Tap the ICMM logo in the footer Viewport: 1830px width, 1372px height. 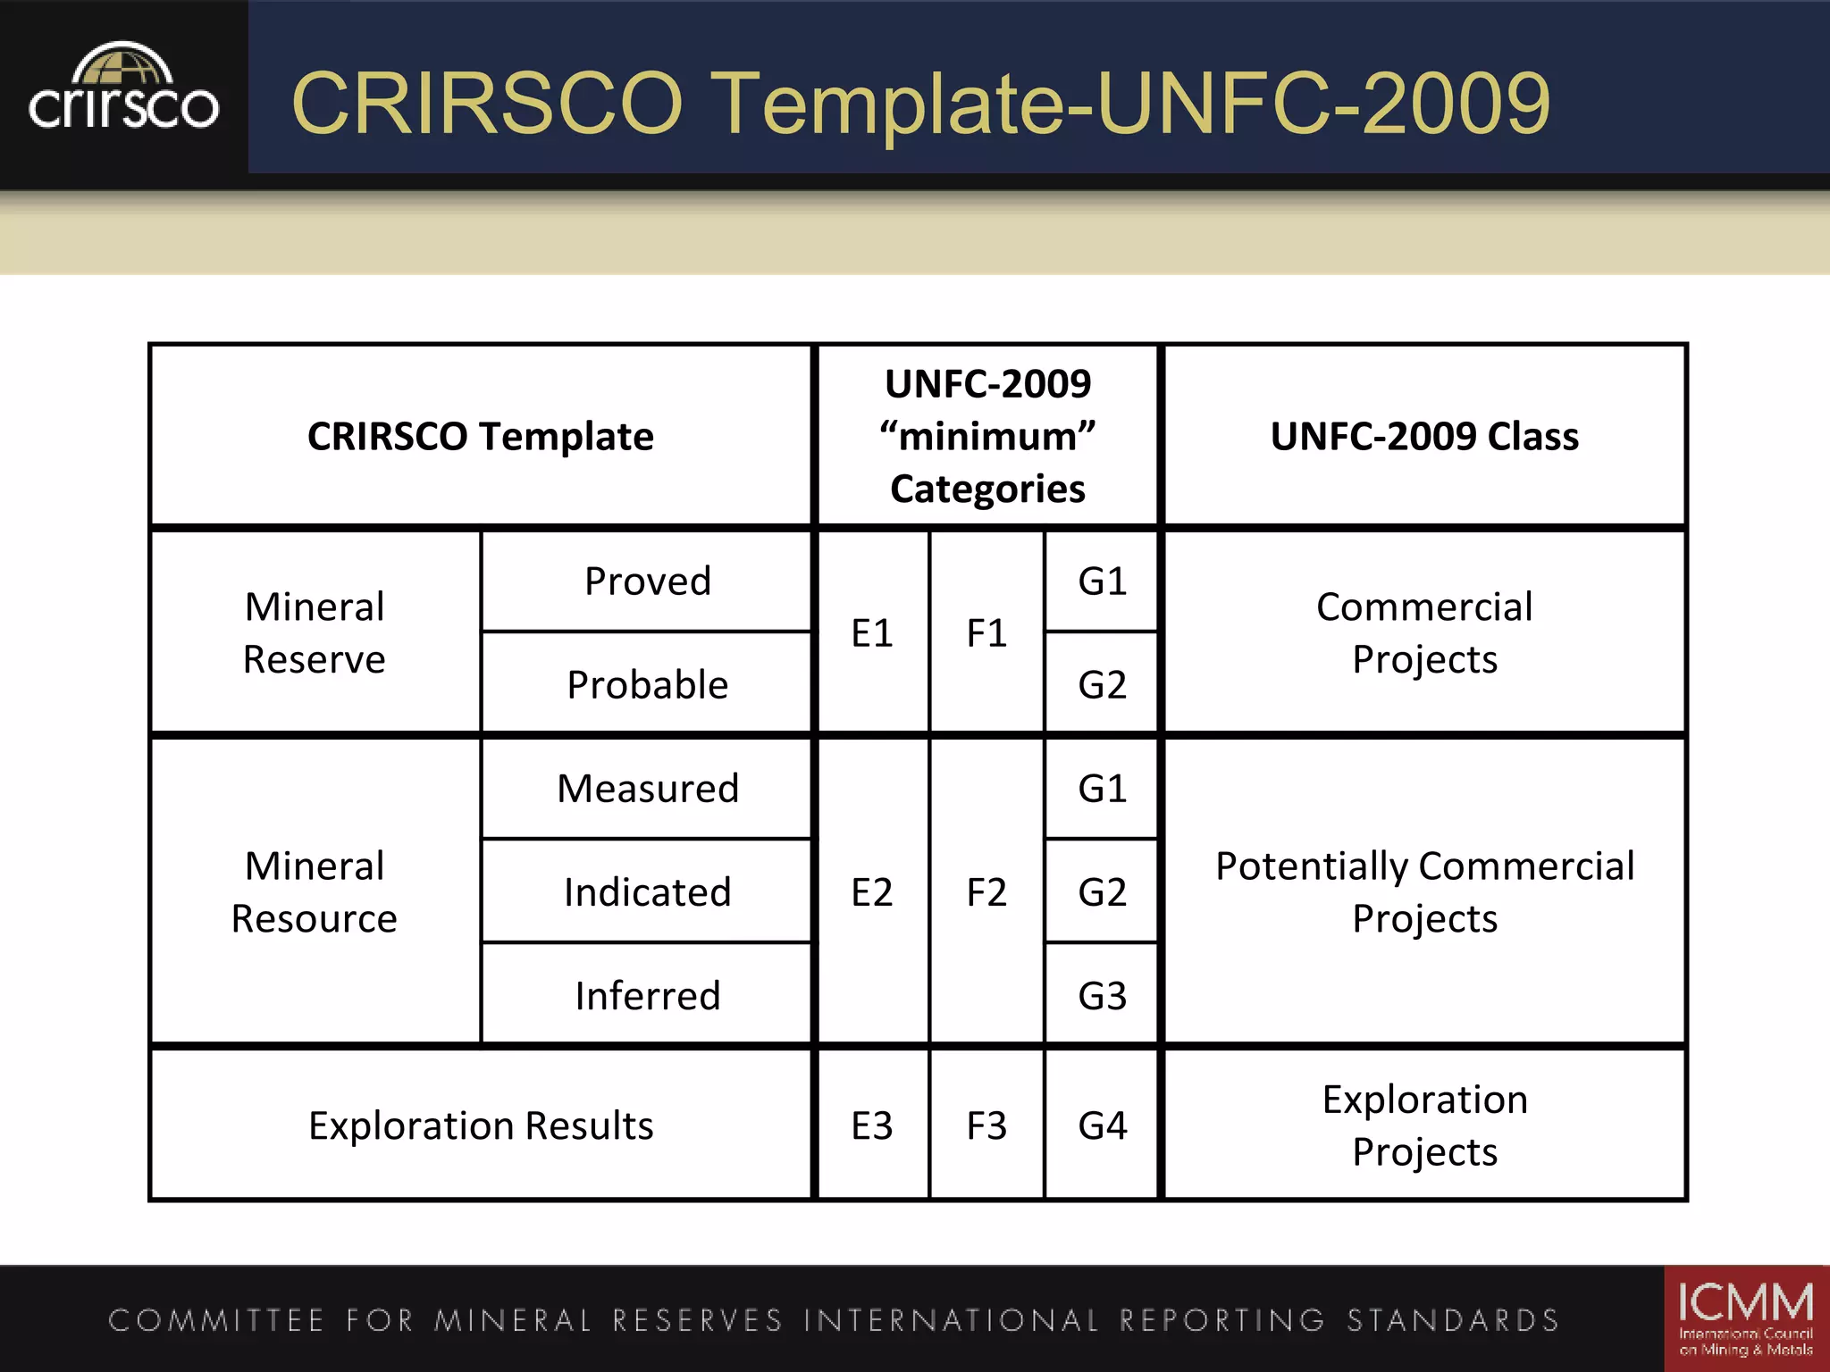[1745, 1318]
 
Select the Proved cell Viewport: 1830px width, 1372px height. [647, 581]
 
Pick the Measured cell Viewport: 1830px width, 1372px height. [647, 789]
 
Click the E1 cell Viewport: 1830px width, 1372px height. [872, 633]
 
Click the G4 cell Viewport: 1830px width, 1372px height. [1102, 1125]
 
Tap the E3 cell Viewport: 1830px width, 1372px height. [872, 1125]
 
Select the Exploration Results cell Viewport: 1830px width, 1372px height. [481, 1125]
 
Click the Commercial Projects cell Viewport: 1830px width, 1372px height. [1424, 633]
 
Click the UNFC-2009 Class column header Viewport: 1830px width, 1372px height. [1424, 437]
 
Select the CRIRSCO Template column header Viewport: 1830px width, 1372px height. [481, 437]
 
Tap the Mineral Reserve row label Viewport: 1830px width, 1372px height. [315, 633]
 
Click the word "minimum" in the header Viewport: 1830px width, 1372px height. [987, 437]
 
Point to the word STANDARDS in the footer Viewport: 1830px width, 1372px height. [1453, 1320]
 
